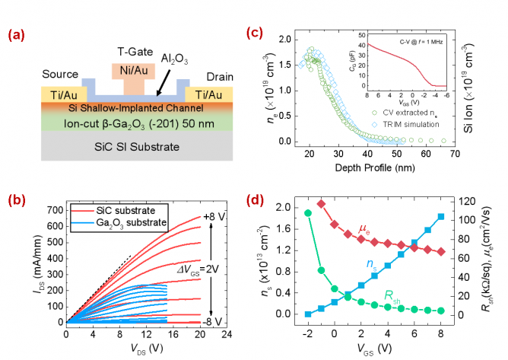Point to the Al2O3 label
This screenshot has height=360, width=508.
179,57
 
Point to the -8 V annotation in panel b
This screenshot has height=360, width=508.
216,321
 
